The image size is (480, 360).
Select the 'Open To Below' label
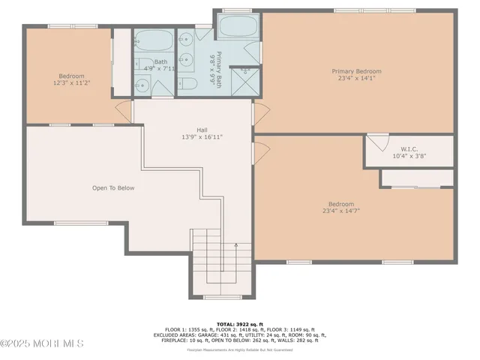coord(113,188)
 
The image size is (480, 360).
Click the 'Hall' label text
coord(202,128)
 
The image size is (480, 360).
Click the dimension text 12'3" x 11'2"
coord(72,84)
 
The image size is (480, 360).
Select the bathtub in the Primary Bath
coord(237,28)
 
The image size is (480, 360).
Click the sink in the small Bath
coord(141,86)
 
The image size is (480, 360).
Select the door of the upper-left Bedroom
coord(123,112)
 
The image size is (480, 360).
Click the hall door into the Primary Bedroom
coord(259,114)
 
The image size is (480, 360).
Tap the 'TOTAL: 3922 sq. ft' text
coord(239,320)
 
